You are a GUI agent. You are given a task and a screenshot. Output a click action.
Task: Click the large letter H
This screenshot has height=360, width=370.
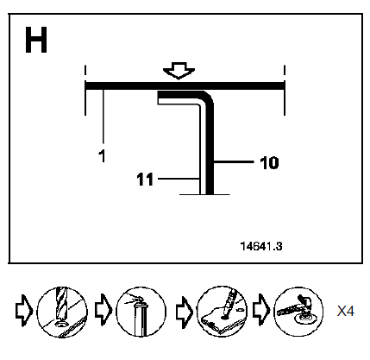pyautogui.click(x=36, y=40)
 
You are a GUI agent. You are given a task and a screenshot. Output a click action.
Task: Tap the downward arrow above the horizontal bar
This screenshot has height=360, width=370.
pyautogui.click(x=179, y=70)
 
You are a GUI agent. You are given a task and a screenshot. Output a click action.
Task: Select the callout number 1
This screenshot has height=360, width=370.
pyautogui.click(x=102, y=155)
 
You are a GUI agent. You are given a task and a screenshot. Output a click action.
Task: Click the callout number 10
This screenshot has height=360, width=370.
pyautogui.click(x=269, y=163)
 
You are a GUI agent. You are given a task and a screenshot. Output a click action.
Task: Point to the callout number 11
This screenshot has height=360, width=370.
pyautogui.click(x=145, y=180)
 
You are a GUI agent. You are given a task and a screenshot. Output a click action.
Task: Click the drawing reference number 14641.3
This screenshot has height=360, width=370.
pyautogui.click(x=261, y=246)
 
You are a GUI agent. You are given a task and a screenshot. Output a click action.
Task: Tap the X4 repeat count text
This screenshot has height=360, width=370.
pyautogui.click(x=346, y=311)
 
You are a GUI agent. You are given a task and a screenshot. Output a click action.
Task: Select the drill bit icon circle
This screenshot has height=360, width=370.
pyautogui.click(x=62, y=312)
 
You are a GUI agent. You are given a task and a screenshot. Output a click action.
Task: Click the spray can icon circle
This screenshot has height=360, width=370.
pyautogui.click(x=141, y=312)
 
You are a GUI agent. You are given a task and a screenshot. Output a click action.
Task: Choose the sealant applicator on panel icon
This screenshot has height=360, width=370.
pyautogui.click(x=222, y=311)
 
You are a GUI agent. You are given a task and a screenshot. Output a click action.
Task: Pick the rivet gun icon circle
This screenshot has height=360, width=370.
pyautogui.click(x=298, y=312)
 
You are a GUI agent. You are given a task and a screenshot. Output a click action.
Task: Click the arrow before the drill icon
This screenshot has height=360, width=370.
pyautogui.click(x=24, y=311)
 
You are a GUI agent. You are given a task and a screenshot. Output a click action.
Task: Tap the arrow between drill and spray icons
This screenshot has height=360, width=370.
pyautogui.click(x=103, y=310)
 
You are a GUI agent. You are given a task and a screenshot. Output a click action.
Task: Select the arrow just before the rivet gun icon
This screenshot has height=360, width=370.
pyautogui.click(x=260, y=310)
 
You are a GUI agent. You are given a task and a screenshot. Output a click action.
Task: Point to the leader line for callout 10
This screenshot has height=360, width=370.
pyautogui.click(x=234, y=162)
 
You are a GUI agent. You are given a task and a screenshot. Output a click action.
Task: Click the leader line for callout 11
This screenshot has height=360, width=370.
pyautogui.click(x=179, y=179)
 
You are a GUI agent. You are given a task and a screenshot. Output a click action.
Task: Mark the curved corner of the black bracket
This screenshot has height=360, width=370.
pyautogui.click(x=209, y=97)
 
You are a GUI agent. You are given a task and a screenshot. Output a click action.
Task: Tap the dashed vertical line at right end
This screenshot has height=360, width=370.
pyautogui.click(x=285, y=90)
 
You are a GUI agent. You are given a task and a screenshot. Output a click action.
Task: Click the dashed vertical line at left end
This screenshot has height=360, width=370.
pyautogui.click(x=85, y=90)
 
